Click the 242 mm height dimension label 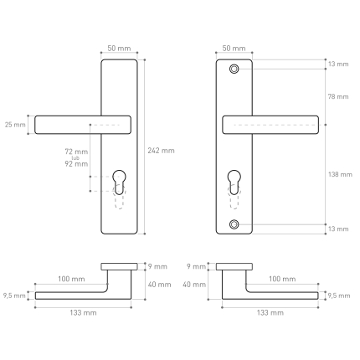click(161, 151)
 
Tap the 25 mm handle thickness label click(15, 125)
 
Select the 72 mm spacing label click(76, 152)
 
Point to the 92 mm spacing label click(76, 164)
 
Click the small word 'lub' click(75, 158)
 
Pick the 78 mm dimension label click(338, 97)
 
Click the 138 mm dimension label click(340, 174)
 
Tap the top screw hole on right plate click(234, 69)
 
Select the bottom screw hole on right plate click(234, 224)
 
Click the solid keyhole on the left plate click(119, 182)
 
